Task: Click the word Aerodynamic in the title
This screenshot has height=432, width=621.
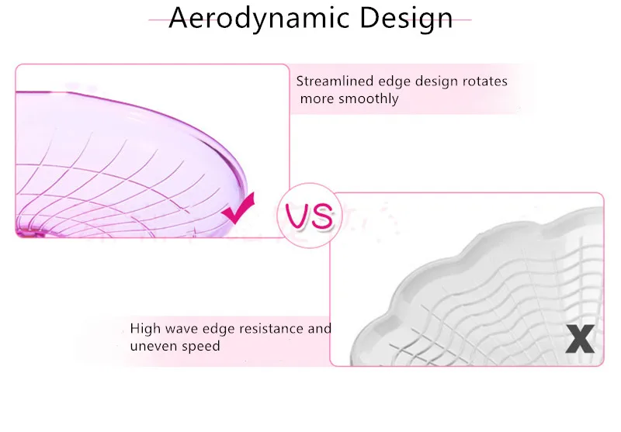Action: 259,18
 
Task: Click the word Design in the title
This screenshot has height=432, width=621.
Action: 406,18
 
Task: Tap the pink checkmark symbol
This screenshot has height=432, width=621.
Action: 238,208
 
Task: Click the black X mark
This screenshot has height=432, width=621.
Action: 580,339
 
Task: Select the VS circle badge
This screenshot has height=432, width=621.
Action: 309,216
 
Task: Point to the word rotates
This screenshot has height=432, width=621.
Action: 485,81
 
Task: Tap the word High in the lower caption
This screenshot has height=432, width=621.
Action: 145,328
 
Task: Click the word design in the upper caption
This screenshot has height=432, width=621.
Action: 437,81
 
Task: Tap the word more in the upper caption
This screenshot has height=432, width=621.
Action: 317,99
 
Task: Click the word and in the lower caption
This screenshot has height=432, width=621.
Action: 320,329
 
